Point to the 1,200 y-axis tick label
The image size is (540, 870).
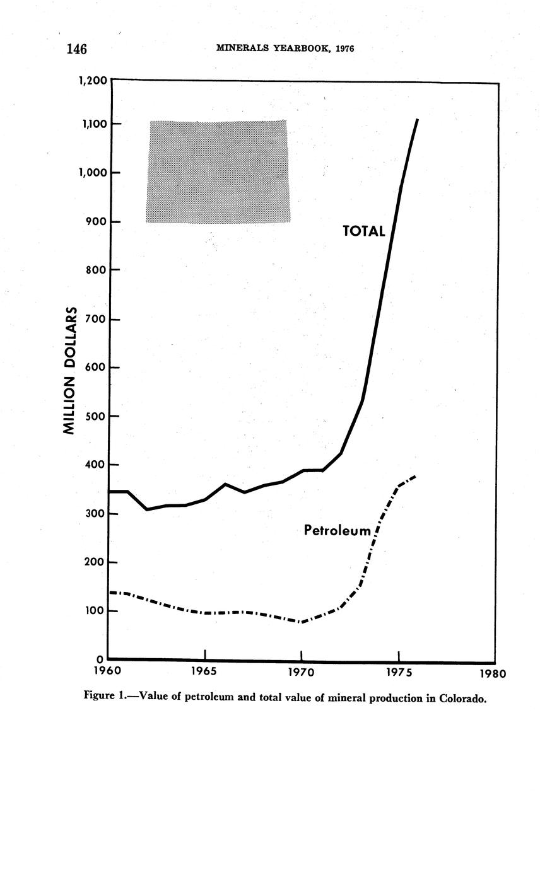click(x=91, y=81)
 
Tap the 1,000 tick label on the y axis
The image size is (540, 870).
click(x=91, y=173)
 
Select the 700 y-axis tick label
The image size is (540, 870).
click(x=94, y=320)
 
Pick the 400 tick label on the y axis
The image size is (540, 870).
click(x=94, y=465)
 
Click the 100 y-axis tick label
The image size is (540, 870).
click(x=94, y=611)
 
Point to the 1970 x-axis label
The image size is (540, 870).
click(x=302, y=672)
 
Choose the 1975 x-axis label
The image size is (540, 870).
click(x=399, y=672)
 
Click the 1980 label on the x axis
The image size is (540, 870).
click(x=493, y=673)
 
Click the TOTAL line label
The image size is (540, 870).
click(x=363, y=231)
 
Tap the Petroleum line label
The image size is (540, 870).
click(x=337, y=531)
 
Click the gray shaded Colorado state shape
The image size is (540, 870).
click(x=218, y=171)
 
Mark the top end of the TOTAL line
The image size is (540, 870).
click(x=416, y=120)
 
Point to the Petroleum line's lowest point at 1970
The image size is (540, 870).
click(x=302, y=622)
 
